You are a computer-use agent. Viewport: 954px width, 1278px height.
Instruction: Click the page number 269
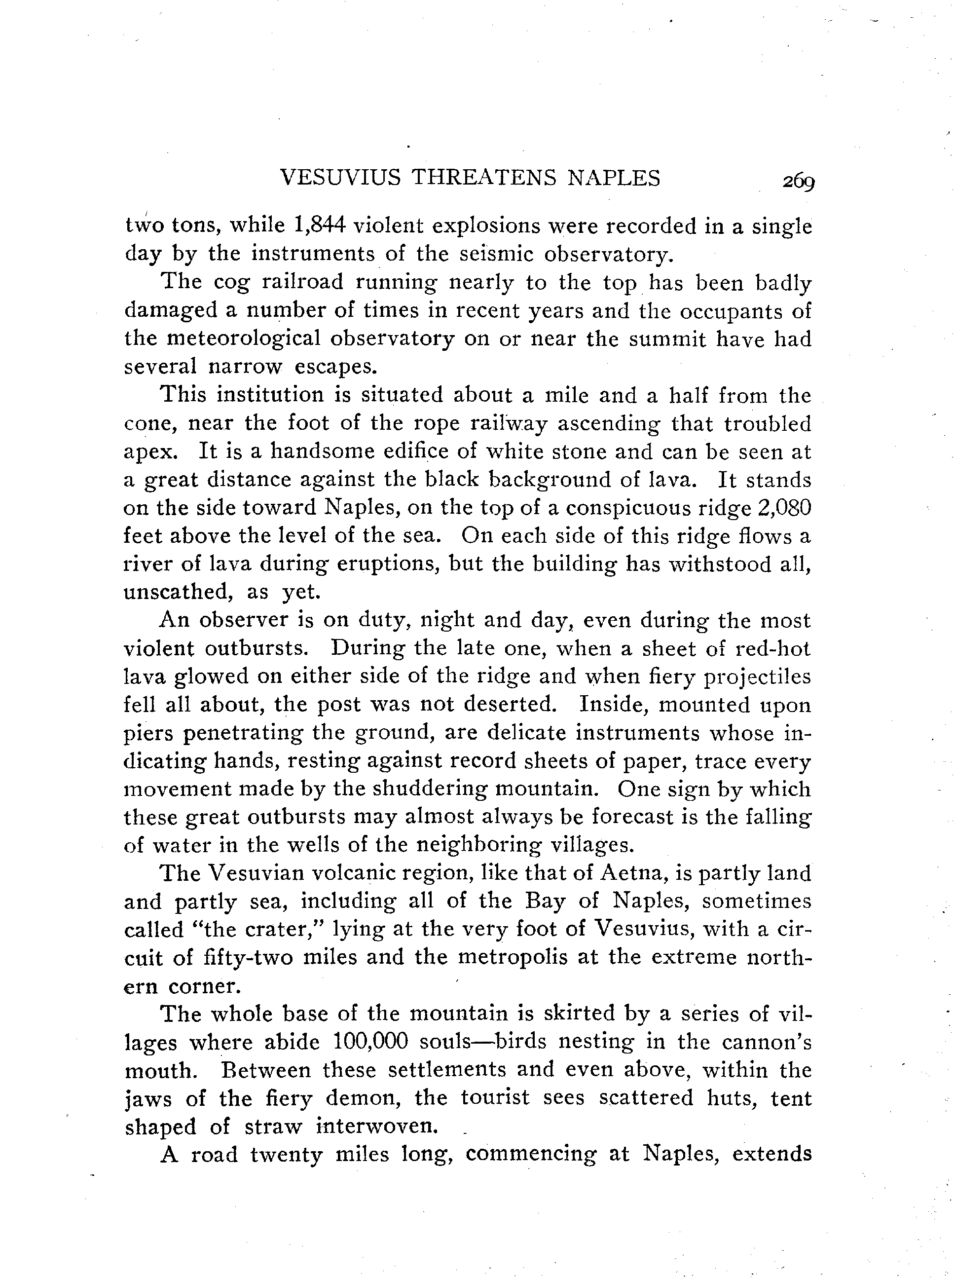point(798,181)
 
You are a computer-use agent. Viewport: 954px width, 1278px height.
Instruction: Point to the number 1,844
point(320,225)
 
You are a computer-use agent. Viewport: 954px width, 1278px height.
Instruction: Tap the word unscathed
point(179,592)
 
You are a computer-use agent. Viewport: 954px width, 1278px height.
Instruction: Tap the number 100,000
point(371,1042)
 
